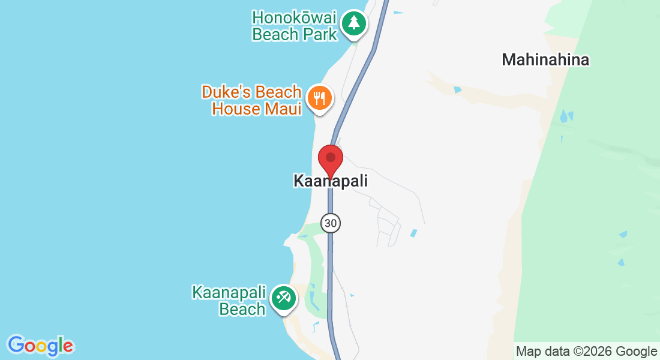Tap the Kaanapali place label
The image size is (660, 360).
(330, 181)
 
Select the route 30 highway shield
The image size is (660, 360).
(330, 223)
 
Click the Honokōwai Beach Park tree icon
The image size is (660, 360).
(354, 23)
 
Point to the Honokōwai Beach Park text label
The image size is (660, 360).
(295, 26)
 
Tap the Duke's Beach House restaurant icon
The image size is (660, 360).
(319, 98)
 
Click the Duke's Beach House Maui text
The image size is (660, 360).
(251, 101)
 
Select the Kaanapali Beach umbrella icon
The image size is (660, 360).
(283, 298)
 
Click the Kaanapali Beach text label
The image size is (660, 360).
(229, 301)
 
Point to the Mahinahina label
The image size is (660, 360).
(545, 60)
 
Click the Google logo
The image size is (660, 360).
(40, 346)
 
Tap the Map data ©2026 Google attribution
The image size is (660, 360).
(587, 352)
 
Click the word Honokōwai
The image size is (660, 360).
(295, 17)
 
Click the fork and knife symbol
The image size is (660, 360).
(319, 98)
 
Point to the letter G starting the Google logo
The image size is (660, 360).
(16, 345)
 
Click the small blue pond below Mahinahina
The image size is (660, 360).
(458, 90)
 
